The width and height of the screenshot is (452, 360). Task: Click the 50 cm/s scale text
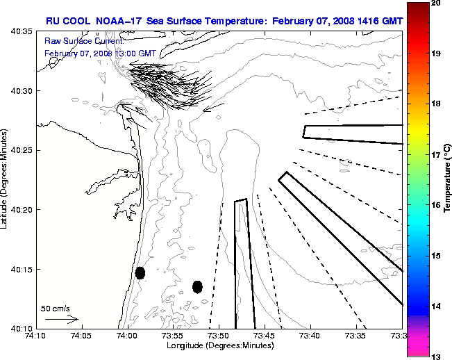(x=56, y=308)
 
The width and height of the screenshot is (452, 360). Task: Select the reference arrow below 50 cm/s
(x=62, y=319)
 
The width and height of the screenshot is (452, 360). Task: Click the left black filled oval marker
(x=140, y=272)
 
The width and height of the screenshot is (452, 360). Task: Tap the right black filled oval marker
(x=197, y=286)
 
